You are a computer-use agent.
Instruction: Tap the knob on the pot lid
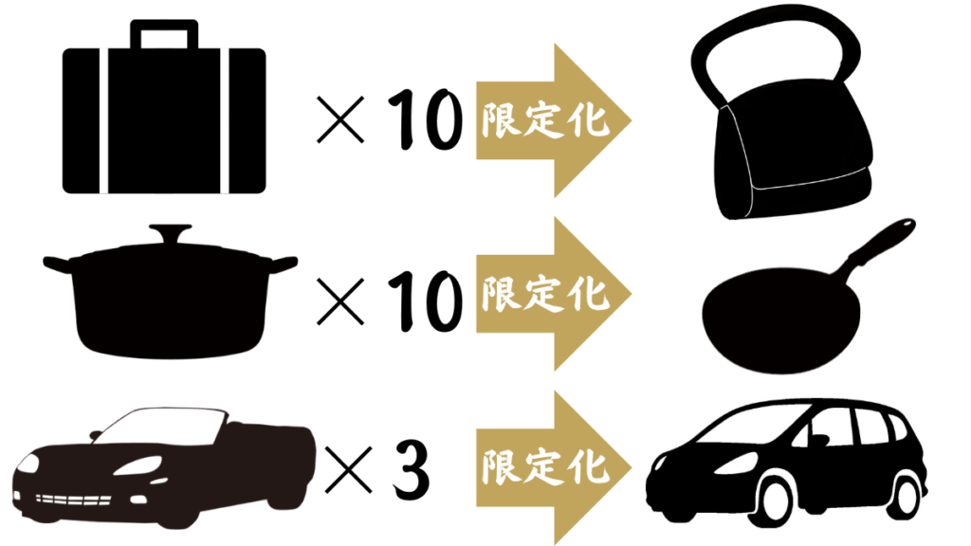(171, 233)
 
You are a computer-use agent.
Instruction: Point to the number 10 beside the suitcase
(425, 119)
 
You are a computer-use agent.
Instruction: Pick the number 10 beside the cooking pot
(425, 301)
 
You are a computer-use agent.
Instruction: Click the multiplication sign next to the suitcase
(340, 119)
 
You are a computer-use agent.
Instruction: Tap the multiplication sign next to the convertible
(349, 470)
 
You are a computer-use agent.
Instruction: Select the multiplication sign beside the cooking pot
(340, 301)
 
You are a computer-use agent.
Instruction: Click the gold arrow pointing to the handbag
(553, 120)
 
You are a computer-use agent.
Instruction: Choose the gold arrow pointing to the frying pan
(553, 294)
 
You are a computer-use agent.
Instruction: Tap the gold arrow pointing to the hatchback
(553, 468)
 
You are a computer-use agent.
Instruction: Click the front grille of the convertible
(73, 500)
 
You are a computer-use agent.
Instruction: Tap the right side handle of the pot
(283, 264)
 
